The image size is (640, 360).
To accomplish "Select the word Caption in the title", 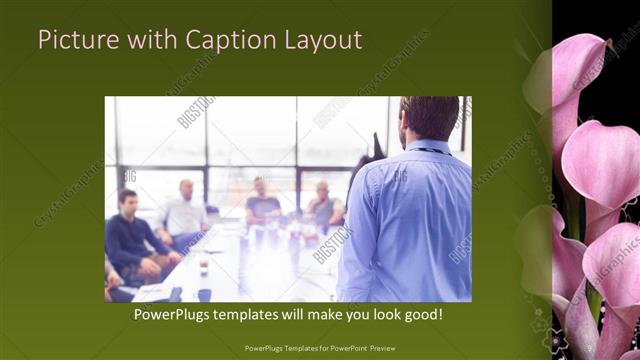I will [214, 41].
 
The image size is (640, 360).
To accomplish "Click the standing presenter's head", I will [430, 118].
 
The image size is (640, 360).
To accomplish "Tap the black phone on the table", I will [177, 294].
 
